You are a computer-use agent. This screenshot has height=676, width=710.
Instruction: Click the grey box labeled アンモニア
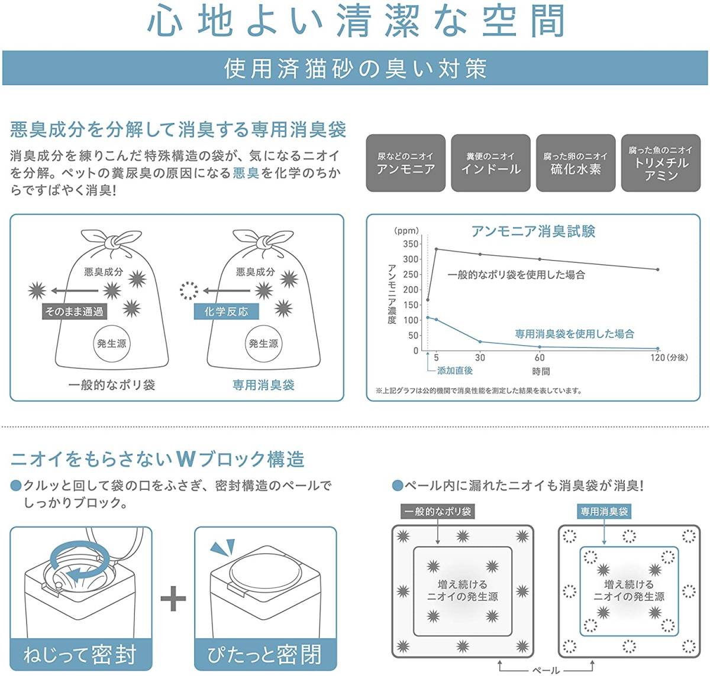[x=405, y=163]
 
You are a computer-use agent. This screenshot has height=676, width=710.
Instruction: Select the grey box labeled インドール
[x=490, y=163]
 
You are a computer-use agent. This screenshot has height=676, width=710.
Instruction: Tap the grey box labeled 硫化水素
[x=575, y=163]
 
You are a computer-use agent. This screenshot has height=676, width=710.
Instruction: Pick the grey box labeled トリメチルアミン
[x=660, y=163]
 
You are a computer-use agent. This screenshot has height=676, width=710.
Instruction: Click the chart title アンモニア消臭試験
[x=533, y=231]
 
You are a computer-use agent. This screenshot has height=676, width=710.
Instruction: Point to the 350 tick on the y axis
[x=410, y=244]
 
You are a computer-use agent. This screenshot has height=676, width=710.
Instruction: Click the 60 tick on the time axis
[x=540, y=357]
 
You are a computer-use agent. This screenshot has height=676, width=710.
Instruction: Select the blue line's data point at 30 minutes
[x=480, y=342]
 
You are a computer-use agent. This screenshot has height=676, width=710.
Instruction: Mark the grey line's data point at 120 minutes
[x=657, y=269]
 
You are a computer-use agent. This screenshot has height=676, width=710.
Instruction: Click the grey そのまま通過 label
[x=74, y=311]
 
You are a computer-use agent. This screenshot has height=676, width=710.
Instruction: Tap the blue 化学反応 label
[x=226, y=311]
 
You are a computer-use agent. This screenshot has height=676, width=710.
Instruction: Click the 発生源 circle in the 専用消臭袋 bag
[x=263, y=343]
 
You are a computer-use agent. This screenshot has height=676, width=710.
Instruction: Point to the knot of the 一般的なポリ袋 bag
[x=111, y=242]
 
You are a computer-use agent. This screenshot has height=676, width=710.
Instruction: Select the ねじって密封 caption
[x=80, y=655]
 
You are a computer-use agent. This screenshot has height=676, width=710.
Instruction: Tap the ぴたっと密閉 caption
[x=265, y=655]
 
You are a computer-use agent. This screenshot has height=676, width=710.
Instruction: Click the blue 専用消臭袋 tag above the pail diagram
[x=604, y=512]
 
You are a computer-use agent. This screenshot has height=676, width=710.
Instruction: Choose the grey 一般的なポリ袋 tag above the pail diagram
[x=438, y=512]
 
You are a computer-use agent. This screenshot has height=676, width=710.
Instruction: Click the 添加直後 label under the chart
[x=454, y=370]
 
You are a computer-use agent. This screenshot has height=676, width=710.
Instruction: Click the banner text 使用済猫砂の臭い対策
[x=355, y=69]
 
